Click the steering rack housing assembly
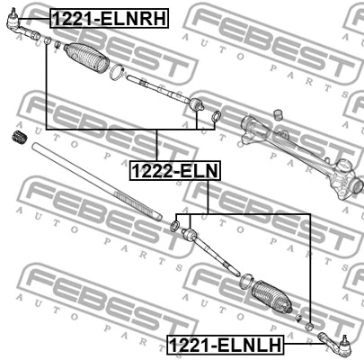[297, 144]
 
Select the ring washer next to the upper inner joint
[216, 117]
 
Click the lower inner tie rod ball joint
[190, 235]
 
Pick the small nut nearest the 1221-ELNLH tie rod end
[308, 323]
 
